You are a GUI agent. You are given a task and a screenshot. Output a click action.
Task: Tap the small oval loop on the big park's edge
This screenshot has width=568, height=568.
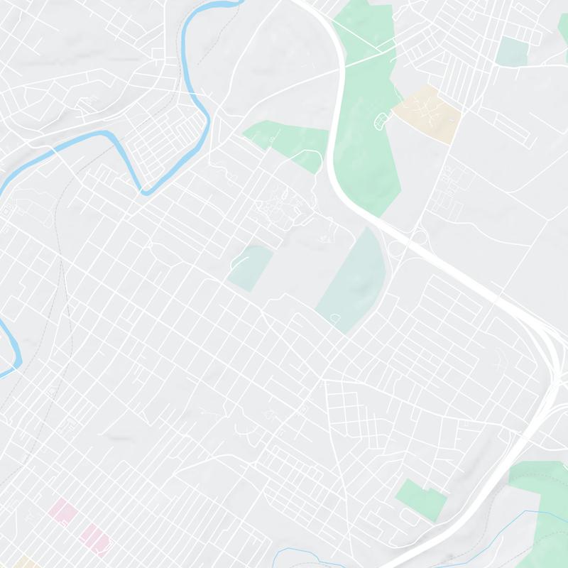coord(382,121)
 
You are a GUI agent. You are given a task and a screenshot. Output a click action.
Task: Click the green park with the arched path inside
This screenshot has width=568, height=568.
coord(288,142)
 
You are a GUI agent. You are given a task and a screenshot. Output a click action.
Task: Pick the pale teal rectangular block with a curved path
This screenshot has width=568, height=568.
coord(251,267)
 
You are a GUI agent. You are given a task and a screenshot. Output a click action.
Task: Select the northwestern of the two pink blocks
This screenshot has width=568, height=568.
coord(61,511)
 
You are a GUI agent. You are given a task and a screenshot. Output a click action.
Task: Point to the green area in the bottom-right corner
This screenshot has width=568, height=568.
coord(543,511)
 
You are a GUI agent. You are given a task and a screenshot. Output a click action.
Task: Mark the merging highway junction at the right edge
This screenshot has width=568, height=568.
coord(550,355)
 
